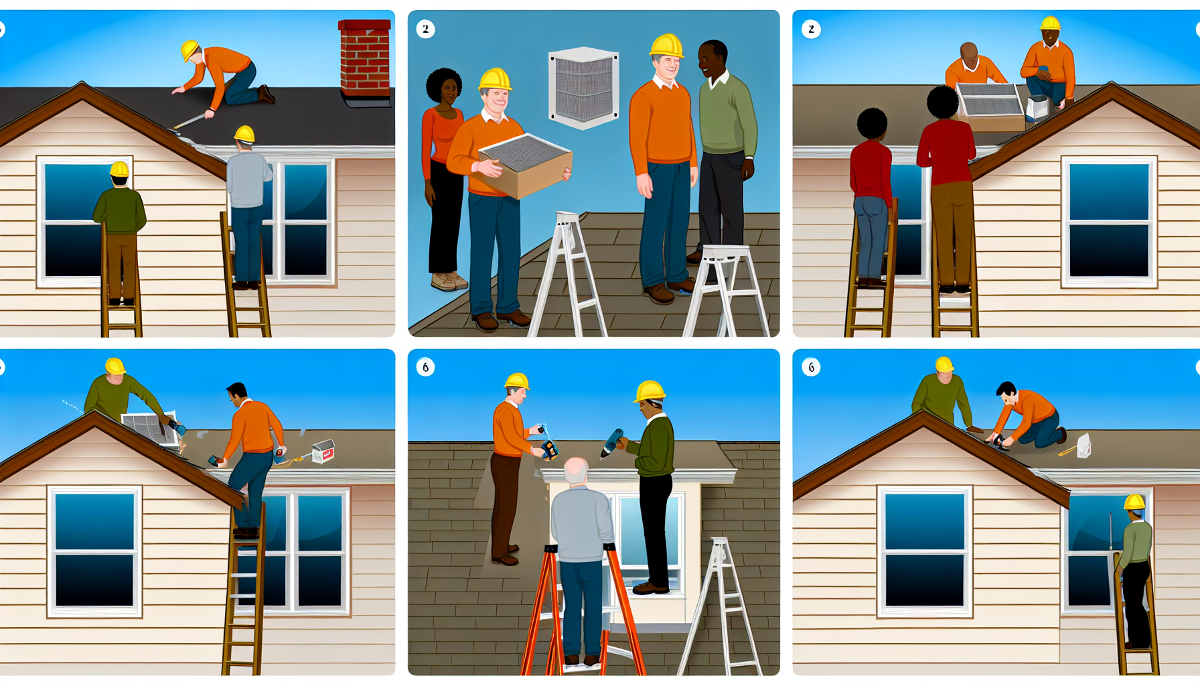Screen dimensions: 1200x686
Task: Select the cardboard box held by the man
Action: tap(526, 165)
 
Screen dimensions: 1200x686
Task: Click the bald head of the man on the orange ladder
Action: tap(576, 472)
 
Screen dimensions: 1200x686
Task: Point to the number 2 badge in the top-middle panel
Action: tap(425, 29)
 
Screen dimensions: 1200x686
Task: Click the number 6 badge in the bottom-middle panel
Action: tap(425, 367)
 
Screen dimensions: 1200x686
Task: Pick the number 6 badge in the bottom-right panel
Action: tap(811, 367)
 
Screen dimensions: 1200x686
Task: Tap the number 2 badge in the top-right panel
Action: tap(811, 29)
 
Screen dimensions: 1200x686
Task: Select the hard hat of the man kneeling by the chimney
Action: tap(190, 50)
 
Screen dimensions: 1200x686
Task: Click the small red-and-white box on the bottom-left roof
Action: tap(323, 451)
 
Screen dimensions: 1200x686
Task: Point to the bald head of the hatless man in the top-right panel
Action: tap(968, 53)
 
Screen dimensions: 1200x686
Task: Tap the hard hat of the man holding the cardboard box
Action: tap(495, 80)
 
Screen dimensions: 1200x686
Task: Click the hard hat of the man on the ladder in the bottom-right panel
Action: tap(1134, 502)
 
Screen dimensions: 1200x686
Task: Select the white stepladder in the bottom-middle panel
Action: tap(720, 606)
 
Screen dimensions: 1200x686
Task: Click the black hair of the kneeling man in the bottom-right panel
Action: tap(1005, 389)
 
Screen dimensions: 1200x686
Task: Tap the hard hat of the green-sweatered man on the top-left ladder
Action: tap(119, 169)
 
